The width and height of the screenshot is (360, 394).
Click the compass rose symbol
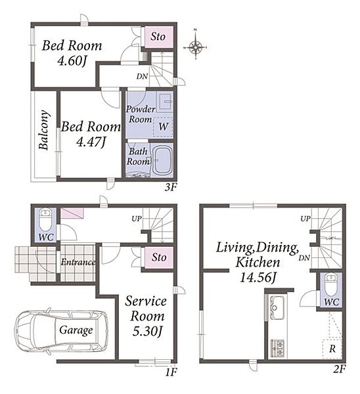(196, 47)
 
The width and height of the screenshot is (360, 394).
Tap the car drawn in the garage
(62, 330)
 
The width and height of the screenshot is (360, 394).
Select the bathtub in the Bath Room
(162, 160)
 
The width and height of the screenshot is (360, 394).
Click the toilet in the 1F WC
(45, 220)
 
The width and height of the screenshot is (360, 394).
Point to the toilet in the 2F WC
(331, 285)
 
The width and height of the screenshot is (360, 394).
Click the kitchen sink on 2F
(277, 308)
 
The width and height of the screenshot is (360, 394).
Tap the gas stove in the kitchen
(277, 349)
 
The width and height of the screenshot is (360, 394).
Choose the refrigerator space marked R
(332, 349)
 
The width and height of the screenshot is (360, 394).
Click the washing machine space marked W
(163, 127)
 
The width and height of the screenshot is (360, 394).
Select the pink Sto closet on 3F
(158, 37)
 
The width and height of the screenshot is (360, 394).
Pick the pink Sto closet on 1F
(158, 257)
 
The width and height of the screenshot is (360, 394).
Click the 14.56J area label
(258, 278)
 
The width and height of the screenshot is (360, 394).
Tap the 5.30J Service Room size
(147, 332)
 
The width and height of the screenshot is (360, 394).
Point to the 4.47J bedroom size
(91, 142)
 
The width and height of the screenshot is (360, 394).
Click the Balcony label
(44, 130)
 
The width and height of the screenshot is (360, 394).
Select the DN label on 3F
(142, 76)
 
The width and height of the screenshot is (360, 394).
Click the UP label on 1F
(137, 219)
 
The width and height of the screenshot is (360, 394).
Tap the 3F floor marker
(171, 187)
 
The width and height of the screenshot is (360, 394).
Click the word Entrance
(78, 262)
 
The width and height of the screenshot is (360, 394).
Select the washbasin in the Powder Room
(165, 101)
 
